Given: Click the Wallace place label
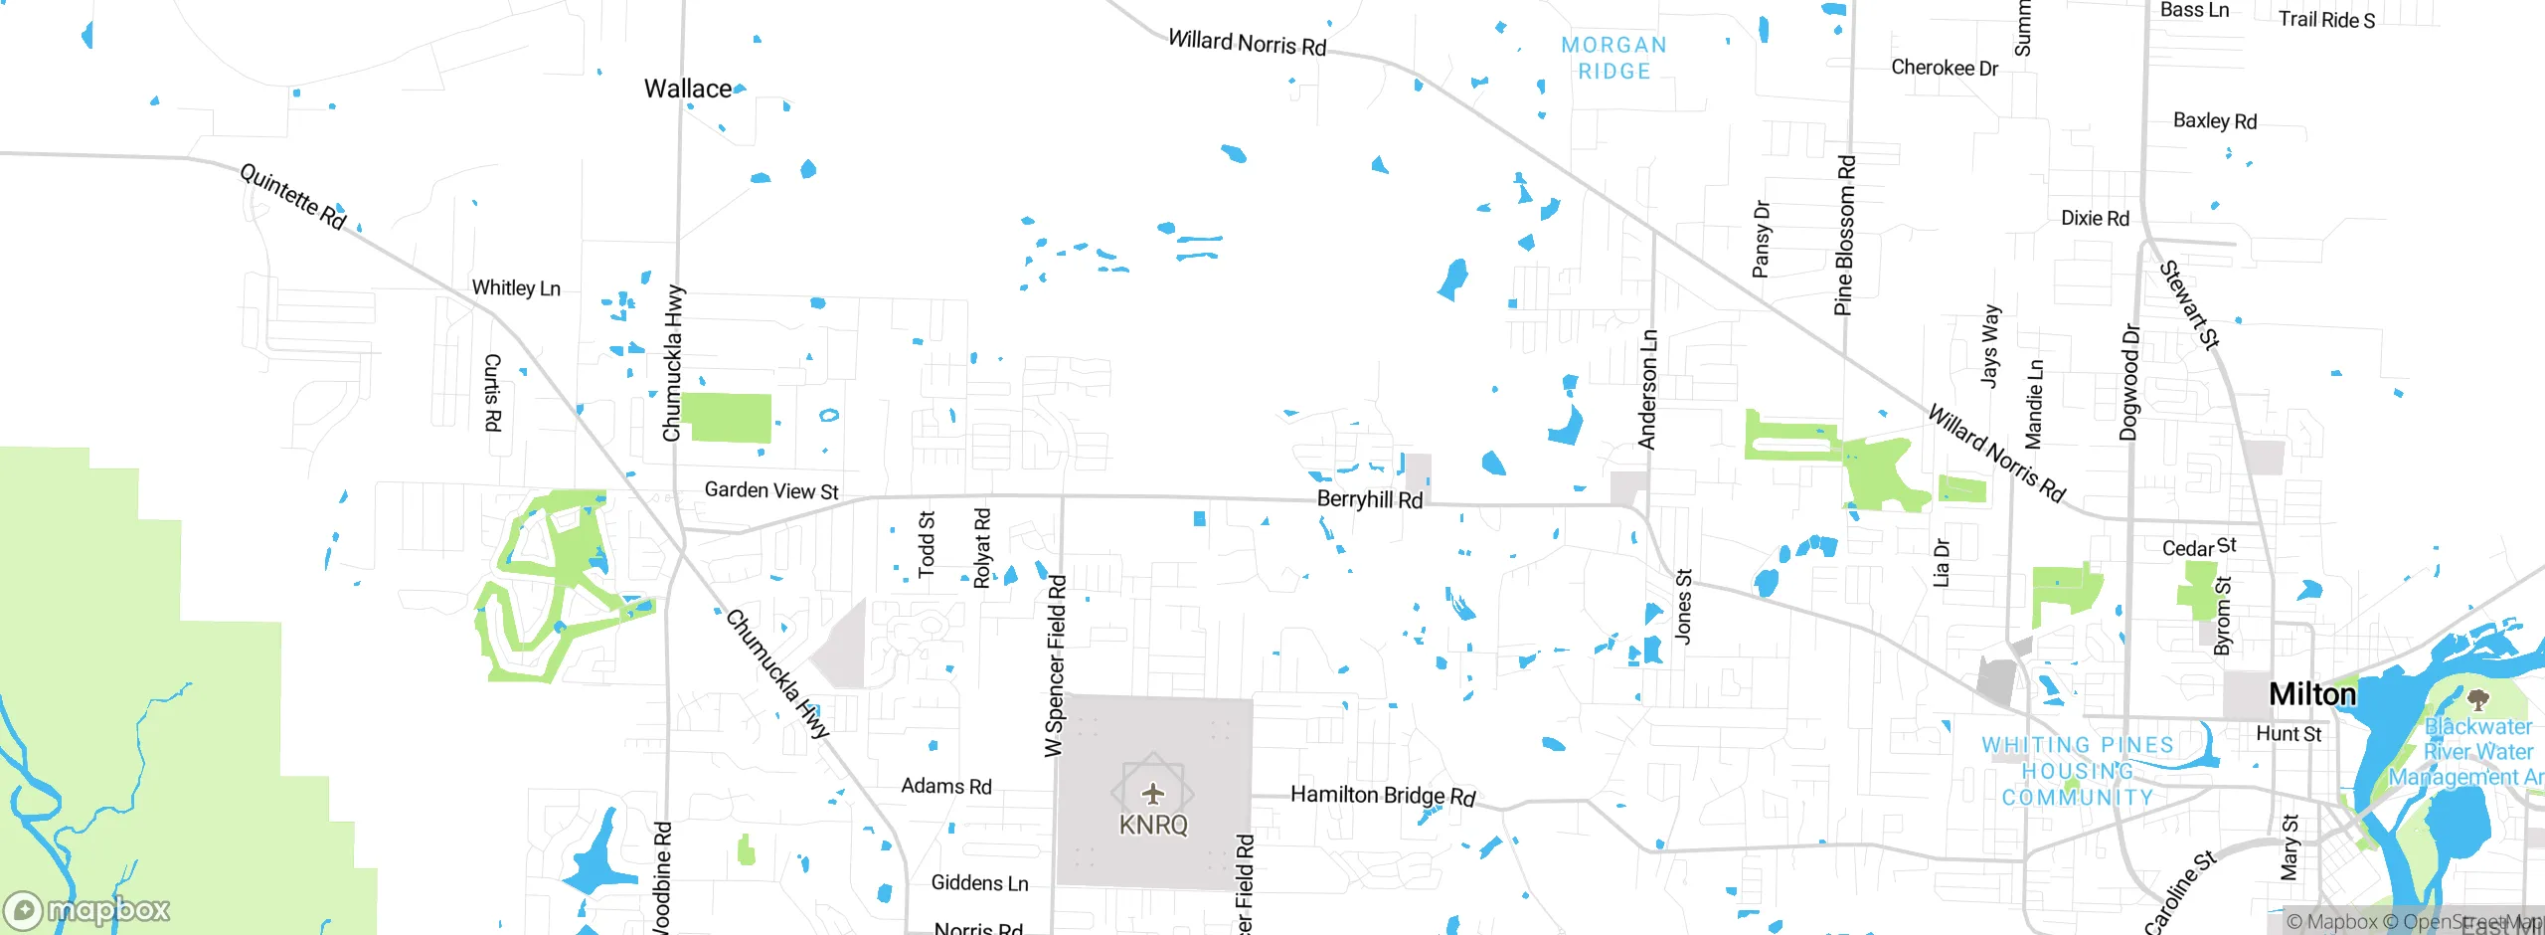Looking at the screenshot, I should tap(687, 89).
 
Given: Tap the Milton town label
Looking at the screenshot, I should tap(2311, 693).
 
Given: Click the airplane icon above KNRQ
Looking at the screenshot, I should tap(1152, 793).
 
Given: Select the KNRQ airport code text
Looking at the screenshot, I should tap(1153, 825).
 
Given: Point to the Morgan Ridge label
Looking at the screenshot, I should tap(1613, 58).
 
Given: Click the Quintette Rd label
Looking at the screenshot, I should tap(292, 196).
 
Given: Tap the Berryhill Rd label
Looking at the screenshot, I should tap(1369, 499).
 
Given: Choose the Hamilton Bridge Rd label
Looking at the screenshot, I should tap(1382, 795).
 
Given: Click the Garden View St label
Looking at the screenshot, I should tap(771, 490).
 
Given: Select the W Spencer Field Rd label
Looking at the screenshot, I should tap(1055, 666).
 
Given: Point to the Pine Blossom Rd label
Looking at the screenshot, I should tap(1844, 236).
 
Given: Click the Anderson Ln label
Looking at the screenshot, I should tap(1647, 390).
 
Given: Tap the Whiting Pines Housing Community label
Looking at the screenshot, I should tap(2077, 771).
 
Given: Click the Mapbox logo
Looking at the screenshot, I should tap(86, 910).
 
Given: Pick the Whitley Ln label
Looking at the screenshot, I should tap(516, 287).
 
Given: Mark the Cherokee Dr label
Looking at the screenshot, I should tap(1944, 68).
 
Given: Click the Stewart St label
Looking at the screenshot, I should tap(2189, 305).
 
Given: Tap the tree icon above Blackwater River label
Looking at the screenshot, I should tap(2478, 700).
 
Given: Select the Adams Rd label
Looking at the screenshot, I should tap(945, 786).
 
